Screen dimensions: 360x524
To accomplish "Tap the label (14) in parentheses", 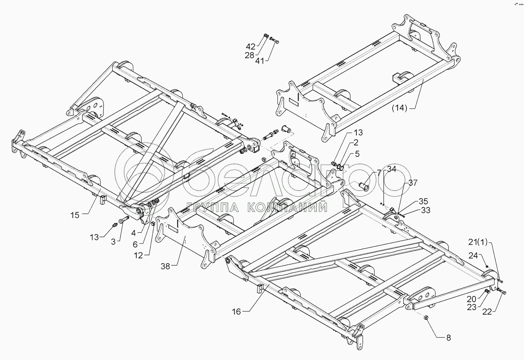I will pos(399,108).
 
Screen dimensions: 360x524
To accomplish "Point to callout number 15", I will pos(75,215).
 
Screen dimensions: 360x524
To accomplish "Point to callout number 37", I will pos(413,183).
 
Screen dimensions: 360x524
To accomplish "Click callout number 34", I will pos(391,169).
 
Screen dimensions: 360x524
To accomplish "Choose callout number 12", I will pos(139,255).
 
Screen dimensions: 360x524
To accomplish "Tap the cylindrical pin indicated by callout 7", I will pos(364,186).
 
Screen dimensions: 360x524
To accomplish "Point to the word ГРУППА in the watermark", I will pos(213,207).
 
